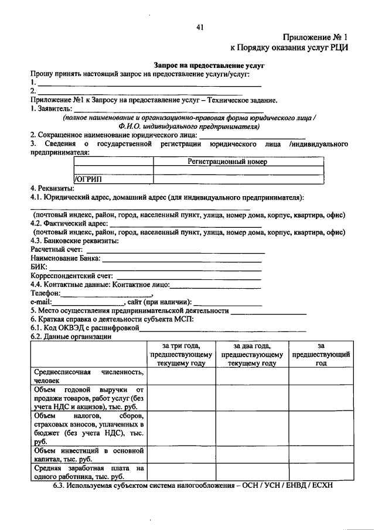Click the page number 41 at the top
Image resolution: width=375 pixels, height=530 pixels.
pos(200,27)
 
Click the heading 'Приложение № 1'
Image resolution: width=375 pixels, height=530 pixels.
pos(315,37)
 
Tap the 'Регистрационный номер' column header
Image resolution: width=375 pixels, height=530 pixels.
pos(227,162)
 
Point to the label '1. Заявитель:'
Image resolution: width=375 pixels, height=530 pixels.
pos(52,109)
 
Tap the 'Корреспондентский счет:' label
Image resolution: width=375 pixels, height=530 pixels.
pos(73,275)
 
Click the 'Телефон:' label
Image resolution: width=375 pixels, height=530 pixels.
pos(45,293)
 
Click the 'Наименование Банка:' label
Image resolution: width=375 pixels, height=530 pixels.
pos(65,258)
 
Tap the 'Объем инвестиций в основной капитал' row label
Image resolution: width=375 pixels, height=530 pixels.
pos(88,455)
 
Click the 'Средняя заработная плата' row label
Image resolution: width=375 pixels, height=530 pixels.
pos(88,473)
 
